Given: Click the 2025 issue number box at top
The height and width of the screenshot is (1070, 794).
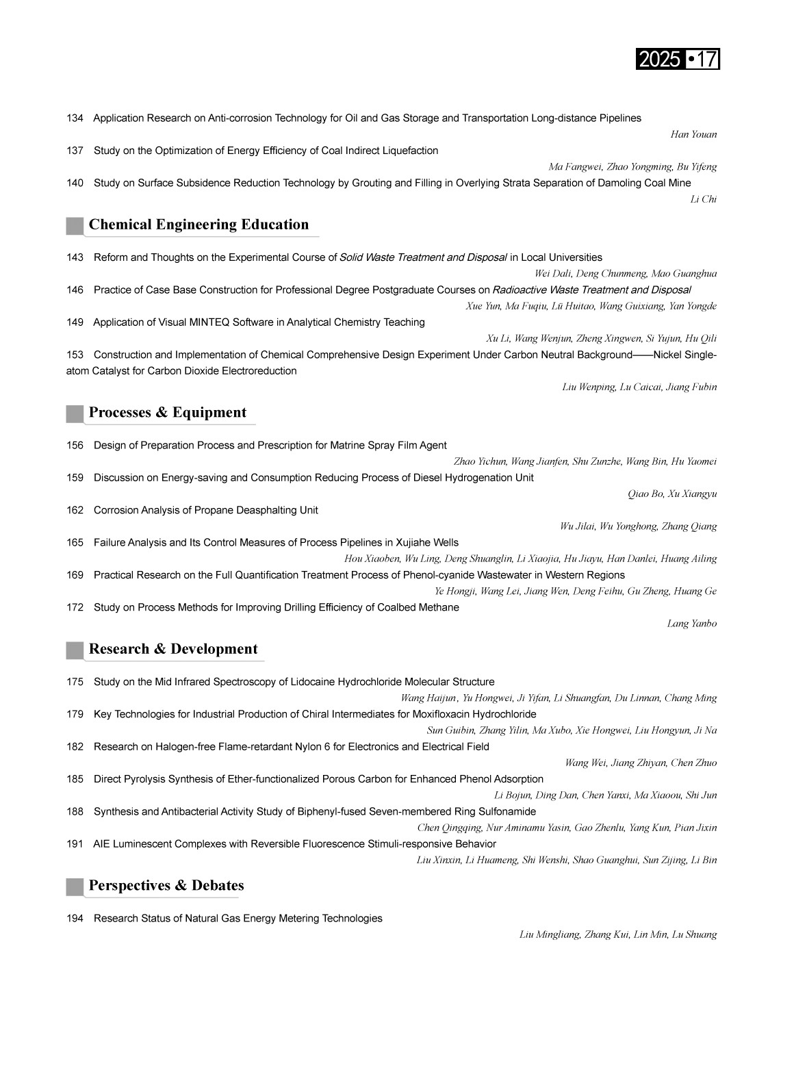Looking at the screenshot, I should pyautogui.click(x=678, y=60).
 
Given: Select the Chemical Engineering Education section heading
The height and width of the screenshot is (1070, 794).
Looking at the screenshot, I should pyautogui.click(x=198, y=225).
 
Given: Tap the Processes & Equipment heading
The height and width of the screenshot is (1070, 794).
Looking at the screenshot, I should pyautogui.click(x=167, y=412).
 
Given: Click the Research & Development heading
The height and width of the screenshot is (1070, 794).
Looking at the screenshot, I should pyautogui.click(x=173, y=649).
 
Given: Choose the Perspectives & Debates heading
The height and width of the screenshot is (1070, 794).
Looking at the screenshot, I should pyautogui.click(x=166, y=885).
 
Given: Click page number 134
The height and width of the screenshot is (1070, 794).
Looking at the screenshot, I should pyautogui.click(x=75, y=118).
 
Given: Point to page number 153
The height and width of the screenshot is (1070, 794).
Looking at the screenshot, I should pyautogui.click(x=75, y=355).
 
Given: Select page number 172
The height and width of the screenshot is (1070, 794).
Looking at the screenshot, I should pyautogui.click(x=75, y=607).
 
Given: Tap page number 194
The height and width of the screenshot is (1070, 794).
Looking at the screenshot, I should pyautogui.click(x=75, y=918).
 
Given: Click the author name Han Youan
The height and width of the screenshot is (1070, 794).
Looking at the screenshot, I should pyautogui.click(x=693, y=134).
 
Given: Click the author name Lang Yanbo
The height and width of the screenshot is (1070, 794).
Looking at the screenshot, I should pyautogui.click(x=691, y=624).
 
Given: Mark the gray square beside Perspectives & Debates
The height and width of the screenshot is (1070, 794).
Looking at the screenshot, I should pyautogui.click(x=75, y=887).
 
